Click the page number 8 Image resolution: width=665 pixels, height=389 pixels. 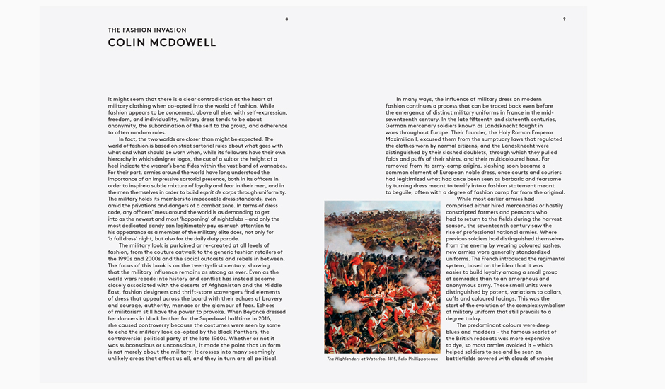tap(287, 18)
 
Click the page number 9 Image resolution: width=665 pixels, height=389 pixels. tap(564, 18)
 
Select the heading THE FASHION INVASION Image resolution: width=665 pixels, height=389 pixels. tap(147, 30)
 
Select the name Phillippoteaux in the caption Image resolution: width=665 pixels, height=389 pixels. tap(421, 359)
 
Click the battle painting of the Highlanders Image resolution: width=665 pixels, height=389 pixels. tap(382, 277)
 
